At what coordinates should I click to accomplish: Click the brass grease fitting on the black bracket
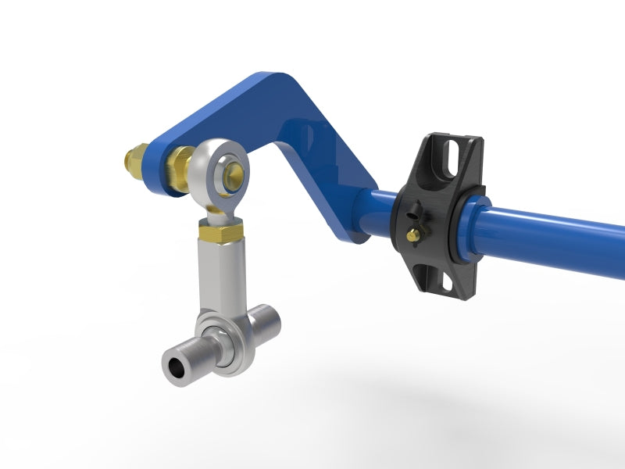(412, 234)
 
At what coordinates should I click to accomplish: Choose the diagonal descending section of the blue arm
(328, 188)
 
